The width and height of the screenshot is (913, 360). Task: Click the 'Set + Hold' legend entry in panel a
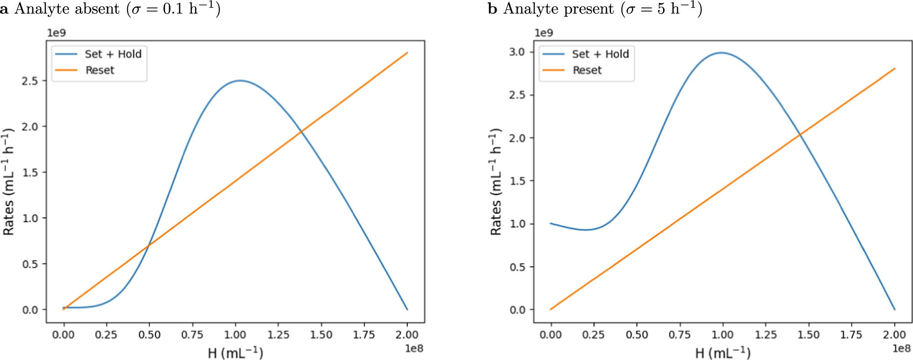(113, 54)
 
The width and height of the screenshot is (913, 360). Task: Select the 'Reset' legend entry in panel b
(587, 70)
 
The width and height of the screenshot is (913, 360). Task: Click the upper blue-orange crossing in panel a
(301, 131)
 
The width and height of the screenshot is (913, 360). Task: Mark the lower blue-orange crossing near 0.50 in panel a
(148, 246)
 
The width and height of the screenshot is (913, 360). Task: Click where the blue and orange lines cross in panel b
(800, 135)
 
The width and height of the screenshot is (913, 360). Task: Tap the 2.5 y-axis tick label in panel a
(30, 81)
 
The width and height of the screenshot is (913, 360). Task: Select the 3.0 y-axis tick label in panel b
(517, 52)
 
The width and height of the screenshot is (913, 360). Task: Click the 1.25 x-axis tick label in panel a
(278, 334)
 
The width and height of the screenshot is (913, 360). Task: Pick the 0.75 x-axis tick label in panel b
(680, 334)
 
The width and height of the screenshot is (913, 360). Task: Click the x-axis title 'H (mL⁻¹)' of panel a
(235, 353)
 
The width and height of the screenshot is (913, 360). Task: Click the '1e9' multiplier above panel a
(57, 33)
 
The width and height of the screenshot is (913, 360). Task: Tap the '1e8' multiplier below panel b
(901, 349)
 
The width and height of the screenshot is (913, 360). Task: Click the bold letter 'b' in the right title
(492, 9)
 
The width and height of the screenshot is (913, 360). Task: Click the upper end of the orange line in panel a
(407, 53)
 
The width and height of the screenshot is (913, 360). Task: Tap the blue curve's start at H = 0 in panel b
(551, 224)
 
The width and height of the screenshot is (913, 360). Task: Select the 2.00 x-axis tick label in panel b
(894, 334)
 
